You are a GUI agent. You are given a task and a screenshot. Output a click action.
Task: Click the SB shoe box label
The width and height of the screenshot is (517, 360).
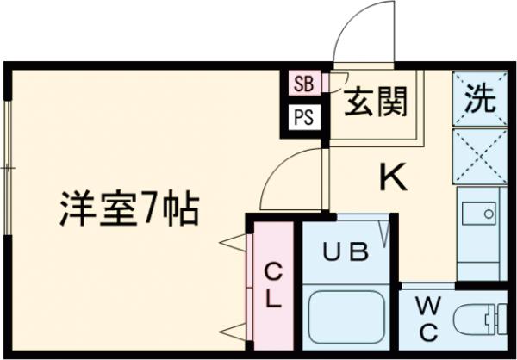pos(303,84)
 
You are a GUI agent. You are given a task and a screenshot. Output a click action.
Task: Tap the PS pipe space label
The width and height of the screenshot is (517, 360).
pos(303,118)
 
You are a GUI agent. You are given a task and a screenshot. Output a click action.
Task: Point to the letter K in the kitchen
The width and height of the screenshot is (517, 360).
pos(394,178)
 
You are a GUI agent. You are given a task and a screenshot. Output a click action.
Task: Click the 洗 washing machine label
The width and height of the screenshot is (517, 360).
pos(480,98)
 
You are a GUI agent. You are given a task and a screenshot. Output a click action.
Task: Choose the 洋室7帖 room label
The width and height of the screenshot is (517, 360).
pos(129,208)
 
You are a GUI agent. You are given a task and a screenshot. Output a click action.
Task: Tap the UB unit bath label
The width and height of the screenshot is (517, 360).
pos(346,251)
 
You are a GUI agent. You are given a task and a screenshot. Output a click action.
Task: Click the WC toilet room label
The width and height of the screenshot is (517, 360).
pos(428,319)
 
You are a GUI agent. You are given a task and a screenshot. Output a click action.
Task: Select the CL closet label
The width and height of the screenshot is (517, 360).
pos(273,286)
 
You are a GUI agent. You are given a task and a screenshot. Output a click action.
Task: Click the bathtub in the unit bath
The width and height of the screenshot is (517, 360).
pos(347,317)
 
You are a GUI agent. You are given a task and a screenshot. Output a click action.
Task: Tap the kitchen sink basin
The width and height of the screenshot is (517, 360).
pos(479,214)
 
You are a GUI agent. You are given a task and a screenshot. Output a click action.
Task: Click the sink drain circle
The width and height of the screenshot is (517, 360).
pos(489,214)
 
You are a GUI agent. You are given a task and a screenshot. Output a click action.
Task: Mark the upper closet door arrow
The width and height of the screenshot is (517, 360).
pos(233,243)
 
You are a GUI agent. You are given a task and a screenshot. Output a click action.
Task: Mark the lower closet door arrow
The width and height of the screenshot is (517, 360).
pos(233,332)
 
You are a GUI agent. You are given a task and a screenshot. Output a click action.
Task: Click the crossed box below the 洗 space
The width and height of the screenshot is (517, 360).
pos(480,156)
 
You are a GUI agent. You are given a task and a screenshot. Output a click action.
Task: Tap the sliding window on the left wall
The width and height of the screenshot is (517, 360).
pos(9,168)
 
